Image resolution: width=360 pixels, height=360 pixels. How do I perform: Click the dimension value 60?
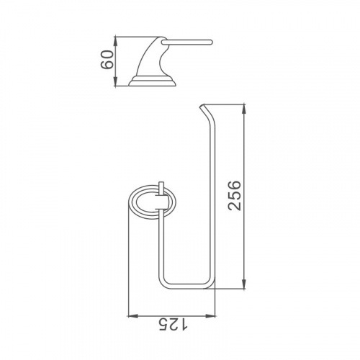click(x=107, y=60)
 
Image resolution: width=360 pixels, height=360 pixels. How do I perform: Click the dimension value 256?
click(x=235, y=196)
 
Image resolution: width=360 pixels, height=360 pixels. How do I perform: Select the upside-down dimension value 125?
click(x=174, y=325)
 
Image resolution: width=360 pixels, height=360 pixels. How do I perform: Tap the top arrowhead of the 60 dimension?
click(x=116, y=41)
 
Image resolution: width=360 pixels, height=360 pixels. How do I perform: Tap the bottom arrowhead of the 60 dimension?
click(x=116, y=81)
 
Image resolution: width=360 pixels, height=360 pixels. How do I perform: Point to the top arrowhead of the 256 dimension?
click(x=244, y=109)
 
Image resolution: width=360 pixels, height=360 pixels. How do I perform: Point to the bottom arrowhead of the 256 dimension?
click(x=244, y=284)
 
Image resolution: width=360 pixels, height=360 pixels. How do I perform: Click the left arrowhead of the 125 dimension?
click(x=133, y=316)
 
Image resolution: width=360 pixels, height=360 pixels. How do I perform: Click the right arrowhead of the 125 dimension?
click(x=210, y=316)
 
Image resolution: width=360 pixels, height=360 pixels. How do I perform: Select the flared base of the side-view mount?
click(x=152, y=81)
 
